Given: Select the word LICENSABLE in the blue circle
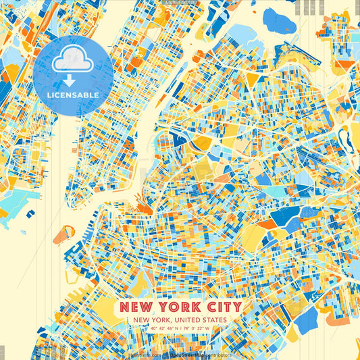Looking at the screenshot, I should click(x=73, y=95).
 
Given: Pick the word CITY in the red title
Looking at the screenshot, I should click(x=217, y=307).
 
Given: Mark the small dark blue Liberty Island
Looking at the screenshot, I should click(x=31, y=214).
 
